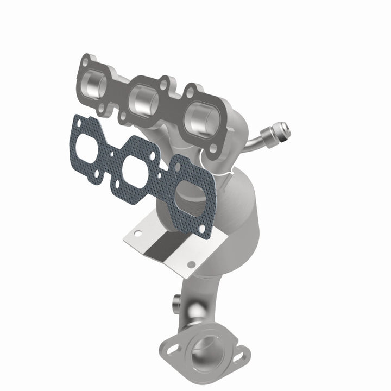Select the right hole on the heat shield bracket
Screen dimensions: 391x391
point(191,264)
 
